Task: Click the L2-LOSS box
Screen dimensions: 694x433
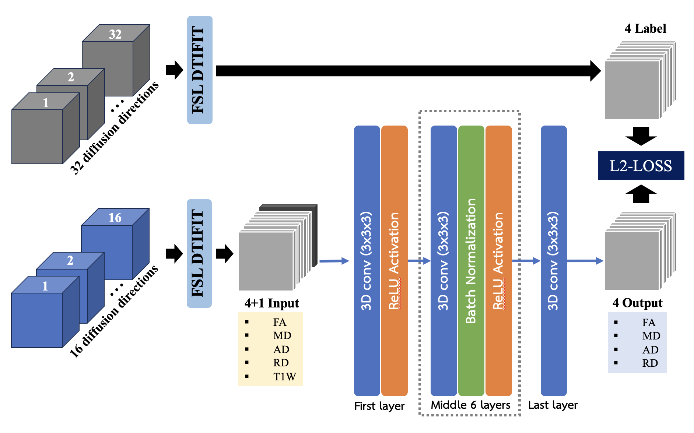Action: tap(641, 165)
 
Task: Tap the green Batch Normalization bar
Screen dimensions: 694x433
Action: tap(471, 261)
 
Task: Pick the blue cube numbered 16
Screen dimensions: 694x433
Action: tap(115, 244)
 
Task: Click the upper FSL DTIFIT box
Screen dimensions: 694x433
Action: tap(200, 70)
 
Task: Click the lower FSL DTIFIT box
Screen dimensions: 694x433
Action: tap(199, 253)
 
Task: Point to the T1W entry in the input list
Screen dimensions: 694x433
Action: tap(284, 377)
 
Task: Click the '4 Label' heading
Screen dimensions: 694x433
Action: tap(645, 28)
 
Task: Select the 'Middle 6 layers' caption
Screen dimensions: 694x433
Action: tap(470, 405)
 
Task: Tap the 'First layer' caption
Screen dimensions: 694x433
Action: tap(379, 406)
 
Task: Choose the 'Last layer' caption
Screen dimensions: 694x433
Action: tap(553, 405)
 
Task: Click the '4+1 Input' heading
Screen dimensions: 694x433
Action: tap(272, 303)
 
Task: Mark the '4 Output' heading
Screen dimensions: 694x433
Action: tap(637, 303)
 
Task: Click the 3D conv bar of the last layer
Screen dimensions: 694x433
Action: tap(554, 261)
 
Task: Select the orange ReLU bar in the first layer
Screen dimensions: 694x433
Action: tap(395, 261)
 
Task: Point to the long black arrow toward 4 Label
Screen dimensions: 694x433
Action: tap(409, 71)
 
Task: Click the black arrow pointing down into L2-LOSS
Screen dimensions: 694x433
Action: tap(641, 136)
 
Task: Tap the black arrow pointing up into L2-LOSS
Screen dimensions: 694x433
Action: tap(641, 194)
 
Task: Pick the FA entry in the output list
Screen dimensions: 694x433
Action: tap(649, 323)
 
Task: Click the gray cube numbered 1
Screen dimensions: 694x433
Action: tap(46, 128)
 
